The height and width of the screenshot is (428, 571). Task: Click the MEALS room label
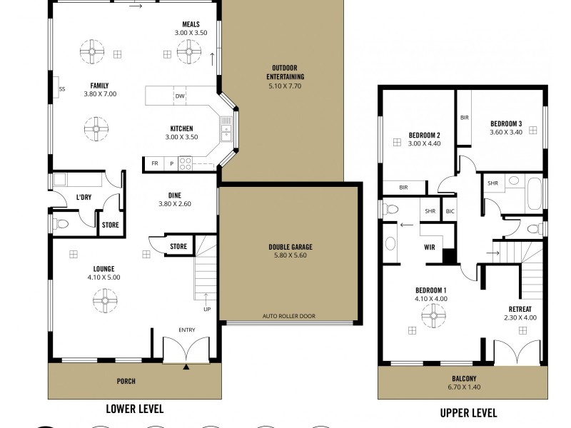191,24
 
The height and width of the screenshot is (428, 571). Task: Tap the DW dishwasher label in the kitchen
180,96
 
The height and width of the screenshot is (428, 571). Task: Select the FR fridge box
154,163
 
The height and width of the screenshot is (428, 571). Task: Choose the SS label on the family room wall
62,89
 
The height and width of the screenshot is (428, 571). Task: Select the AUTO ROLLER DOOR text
288,316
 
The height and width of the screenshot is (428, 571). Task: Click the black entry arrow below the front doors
186,367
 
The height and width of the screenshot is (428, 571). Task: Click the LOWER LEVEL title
134,409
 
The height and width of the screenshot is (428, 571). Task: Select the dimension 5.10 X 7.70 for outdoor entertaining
285,86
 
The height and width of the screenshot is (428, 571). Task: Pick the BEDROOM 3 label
506,122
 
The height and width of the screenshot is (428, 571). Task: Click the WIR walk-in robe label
430,248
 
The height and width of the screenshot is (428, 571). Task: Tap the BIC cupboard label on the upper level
450,211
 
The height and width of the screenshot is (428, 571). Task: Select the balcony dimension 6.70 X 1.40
463,388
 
